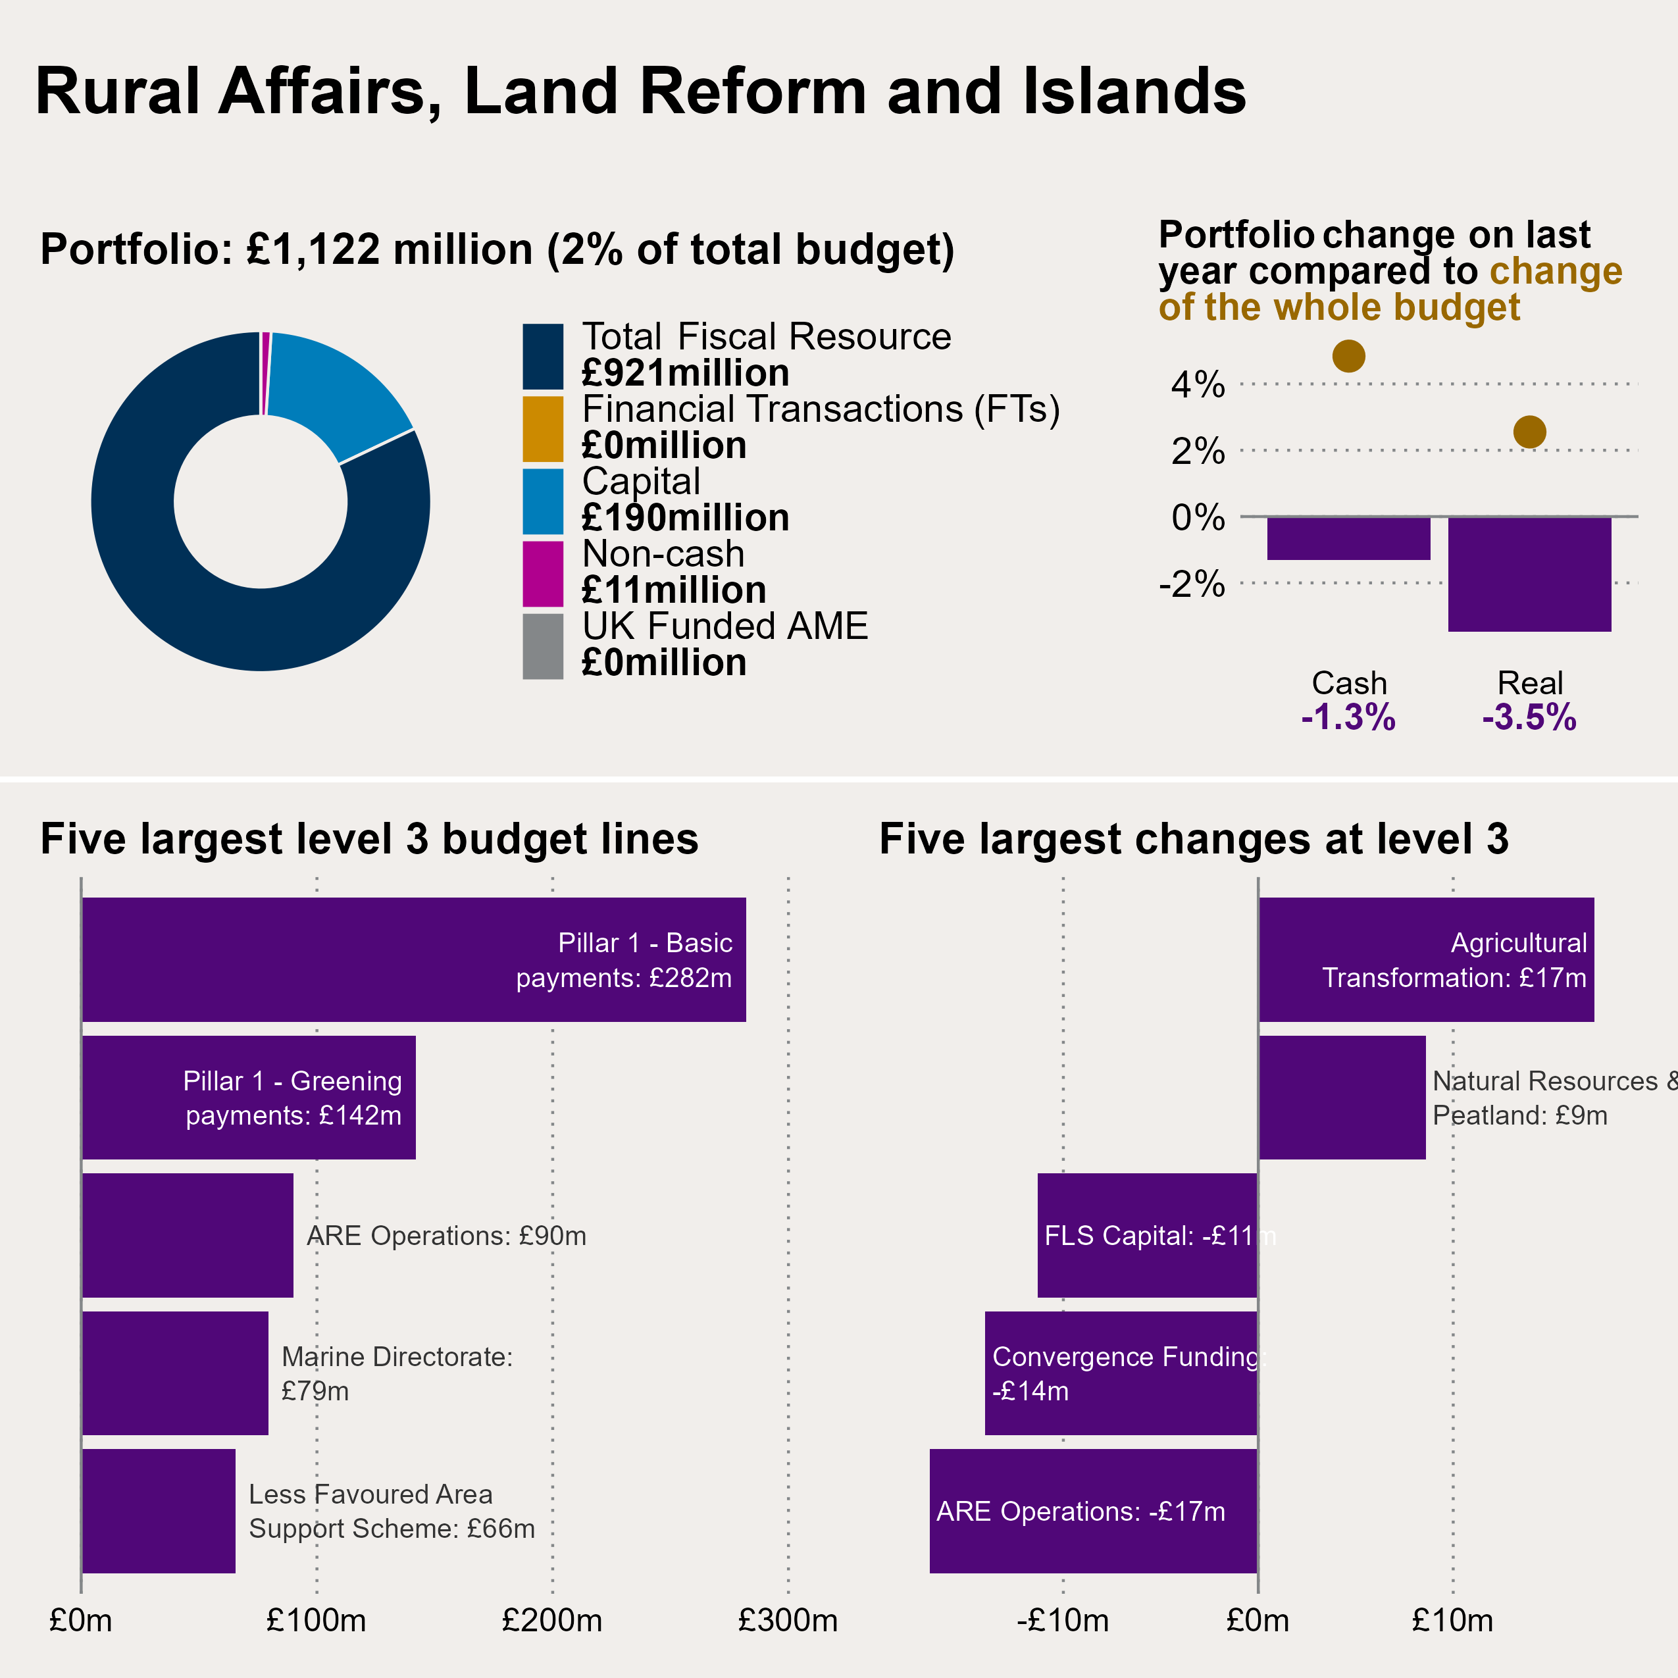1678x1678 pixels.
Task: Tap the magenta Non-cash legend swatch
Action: click(x=543, y=573)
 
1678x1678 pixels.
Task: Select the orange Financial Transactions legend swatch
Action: click(x=543, y=428)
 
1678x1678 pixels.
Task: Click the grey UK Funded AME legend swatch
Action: click(x=543, y=646)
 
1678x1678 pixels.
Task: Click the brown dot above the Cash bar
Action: click(x=1348, y=355)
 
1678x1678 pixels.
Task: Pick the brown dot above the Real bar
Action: click(x=1529, y=432)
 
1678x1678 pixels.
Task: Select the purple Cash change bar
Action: click(x=1348, y=538)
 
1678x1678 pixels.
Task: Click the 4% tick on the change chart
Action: click(x=1198, y=384)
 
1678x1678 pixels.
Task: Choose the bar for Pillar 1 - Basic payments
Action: click(x=413, y=959)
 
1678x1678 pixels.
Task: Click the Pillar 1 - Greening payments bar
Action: click(x=248, y=1097)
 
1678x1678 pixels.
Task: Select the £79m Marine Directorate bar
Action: click(x=174, y=1373)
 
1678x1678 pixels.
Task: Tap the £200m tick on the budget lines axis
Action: click(x=552, y=1621)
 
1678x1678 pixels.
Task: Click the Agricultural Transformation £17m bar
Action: click(x=1426, y=959)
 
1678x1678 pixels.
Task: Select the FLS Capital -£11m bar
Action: click(x=1148, y=1235)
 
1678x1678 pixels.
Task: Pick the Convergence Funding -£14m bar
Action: click(x=1121, y=1373)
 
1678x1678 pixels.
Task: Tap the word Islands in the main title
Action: click(x=1134, y=91)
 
